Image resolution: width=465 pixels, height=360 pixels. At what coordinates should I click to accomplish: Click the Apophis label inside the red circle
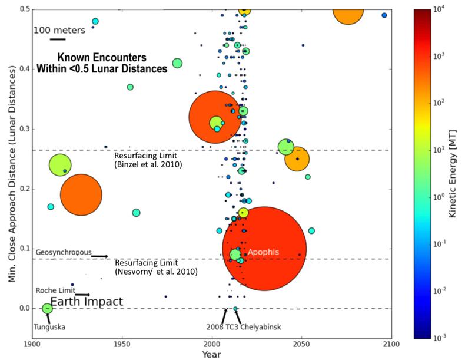[263, 252]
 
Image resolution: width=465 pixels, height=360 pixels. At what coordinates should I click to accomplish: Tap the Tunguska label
[49, 327]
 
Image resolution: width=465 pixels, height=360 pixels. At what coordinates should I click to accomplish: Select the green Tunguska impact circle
[47, 308]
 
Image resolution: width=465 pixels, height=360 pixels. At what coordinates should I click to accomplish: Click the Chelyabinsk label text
[261, 327]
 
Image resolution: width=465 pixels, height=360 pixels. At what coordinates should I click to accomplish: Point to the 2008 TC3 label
[222, 327]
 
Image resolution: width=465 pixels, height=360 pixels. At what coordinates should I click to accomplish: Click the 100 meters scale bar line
[58, 39]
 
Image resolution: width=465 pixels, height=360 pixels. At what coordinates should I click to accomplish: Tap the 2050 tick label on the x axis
[301, 344]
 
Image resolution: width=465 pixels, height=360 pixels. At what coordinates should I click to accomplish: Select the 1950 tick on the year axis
[122, 344]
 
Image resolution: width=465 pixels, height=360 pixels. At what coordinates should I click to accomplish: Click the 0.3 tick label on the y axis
[25, 129]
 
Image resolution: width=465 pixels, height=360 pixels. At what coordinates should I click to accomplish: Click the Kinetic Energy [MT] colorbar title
[453, 174]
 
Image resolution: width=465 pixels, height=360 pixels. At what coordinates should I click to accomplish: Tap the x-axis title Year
[211, 354]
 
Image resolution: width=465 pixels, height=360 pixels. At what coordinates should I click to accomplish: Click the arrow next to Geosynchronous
[99, 256]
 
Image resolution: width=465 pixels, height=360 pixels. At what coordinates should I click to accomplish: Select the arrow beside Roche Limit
[82, 295]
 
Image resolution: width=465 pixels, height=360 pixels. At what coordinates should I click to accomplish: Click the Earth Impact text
[87, 302]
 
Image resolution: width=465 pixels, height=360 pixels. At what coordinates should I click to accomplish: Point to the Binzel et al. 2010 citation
[148, 164]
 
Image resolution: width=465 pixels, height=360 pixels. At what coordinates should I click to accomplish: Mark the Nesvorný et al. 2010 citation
[157, 271]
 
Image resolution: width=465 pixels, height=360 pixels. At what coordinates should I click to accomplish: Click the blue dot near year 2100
[384, 15]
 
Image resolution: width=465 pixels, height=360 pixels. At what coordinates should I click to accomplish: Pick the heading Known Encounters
[102, 57]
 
